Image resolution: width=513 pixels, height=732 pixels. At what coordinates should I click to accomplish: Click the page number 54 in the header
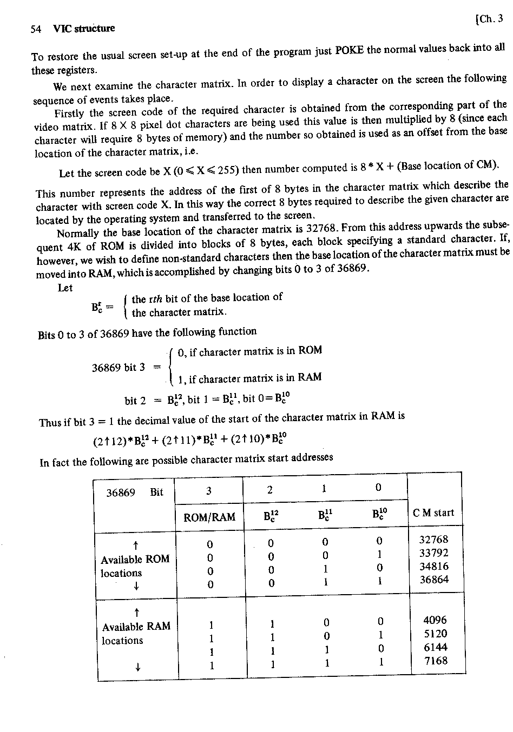(36, 29)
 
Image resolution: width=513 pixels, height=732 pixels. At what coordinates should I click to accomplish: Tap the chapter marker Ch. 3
(489, 19)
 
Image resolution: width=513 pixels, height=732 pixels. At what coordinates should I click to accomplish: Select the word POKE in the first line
(350, 50)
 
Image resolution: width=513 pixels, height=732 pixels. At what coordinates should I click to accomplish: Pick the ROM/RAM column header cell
(209, 517)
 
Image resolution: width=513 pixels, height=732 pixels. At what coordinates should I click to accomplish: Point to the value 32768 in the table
(434, 539)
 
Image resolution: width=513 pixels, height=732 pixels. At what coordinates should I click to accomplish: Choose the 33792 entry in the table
(434, 553)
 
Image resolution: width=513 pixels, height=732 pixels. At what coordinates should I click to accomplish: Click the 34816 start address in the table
(434, 566)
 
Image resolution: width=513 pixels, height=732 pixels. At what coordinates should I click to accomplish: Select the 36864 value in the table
(434, 580)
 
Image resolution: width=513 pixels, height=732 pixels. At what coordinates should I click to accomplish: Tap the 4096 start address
(435, 620)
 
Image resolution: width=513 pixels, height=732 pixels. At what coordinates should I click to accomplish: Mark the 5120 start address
(435, 634)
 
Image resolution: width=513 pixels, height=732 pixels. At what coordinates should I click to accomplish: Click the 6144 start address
(435, 647)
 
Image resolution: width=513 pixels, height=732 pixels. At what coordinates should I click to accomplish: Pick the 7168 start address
(435, 661)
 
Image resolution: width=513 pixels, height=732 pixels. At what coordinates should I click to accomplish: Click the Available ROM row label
(135, 559)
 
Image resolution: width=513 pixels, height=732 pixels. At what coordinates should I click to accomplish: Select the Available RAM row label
(136, 627)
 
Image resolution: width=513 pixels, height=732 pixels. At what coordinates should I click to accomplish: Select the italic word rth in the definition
(155, 298)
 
